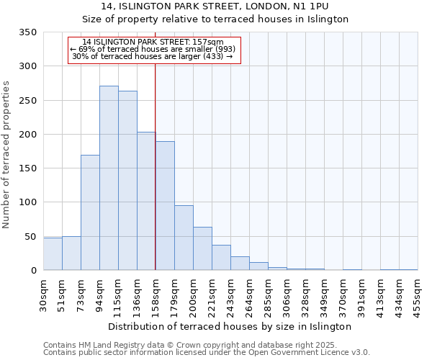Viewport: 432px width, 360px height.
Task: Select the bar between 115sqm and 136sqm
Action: [x=127, y=181]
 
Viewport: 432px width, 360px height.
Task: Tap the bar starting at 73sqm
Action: [x=90, y=212]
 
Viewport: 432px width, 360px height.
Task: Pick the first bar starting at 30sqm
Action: [x=53, y=254]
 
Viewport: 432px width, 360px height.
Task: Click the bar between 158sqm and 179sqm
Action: [x=165, y=206]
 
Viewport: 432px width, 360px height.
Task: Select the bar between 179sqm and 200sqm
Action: [x=184, y=238]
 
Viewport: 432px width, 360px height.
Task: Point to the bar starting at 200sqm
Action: [x=202, y=249]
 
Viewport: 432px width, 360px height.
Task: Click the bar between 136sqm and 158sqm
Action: [x=146, y=202]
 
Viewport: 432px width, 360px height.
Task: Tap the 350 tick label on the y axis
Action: [x=27, y=32]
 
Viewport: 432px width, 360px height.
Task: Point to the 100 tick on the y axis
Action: [x=27, y=202]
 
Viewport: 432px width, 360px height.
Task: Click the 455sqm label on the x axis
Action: [x=418, y=293]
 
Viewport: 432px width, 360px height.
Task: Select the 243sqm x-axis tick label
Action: [x=230, y=293]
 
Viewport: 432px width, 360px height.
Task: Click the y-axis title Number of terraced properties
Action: [x=6, y=154]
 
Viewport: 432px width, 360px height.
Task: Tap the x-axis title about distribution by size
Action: [x=230, y=326]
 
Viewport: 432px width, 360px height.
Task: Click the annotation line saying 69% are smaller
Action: [x=153, y=49]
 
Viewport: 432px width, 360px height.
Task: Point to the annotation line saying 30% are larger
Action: [x=153, y=56]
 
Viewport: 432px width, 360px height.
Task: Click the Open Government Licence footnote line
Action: [x=207, y=352]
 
